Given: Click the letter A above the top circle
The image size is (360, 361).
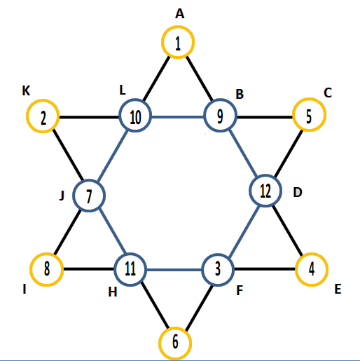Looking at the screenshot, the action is coord(179,13).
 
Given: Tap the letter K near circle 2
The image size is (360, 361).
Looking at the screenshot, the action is coord(26,90).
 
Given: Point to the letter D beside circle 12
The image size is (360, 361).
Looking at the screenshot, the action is coord(298,192).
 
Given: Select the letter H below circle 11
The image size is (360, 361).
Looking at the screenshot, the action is coord(113,292).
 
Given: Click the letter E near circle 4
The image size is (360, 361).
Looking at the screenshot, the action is coord(338,289).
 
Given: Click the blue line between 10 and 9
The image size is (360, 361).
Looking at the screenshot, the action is coord(178,116).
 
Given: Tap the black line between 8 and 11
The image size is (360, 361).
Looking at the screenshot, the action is coord(89,269).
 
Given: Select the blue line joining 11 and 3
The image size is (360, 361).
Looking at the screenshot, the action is coord(174,270).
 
